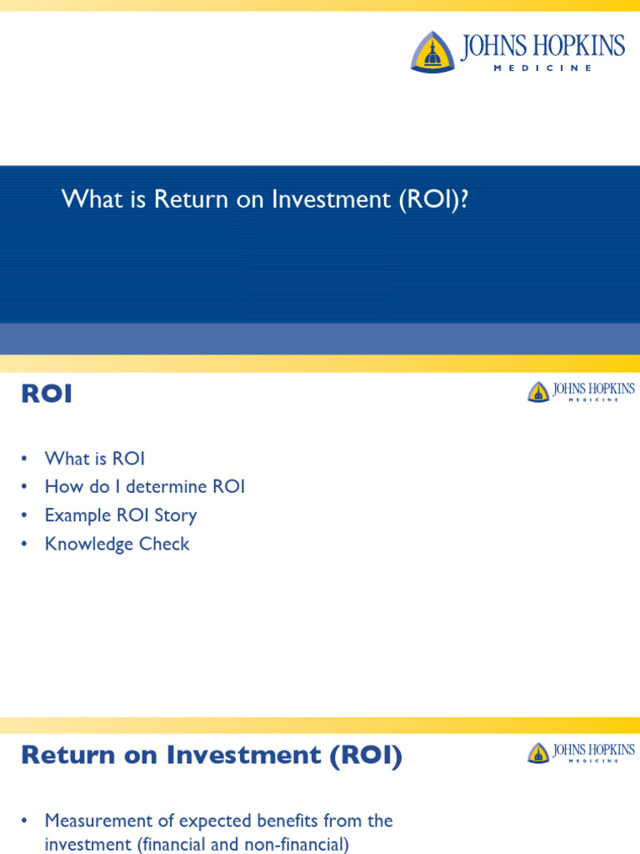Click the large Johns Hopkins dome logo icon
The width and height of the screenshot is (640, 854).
432,51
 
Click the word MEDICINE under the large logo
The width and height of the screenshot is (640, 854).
542,68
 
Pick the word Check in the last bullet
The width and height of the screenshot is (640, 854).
167,544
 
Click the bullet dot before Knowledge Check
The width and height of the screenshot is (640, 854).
26,545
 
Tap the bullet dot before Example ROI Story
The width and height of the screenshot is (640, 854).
26,515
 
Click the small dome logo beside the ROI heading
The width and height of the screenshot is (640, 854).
538,392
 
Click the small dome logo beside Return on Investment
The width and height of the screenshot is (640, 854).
538,753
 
